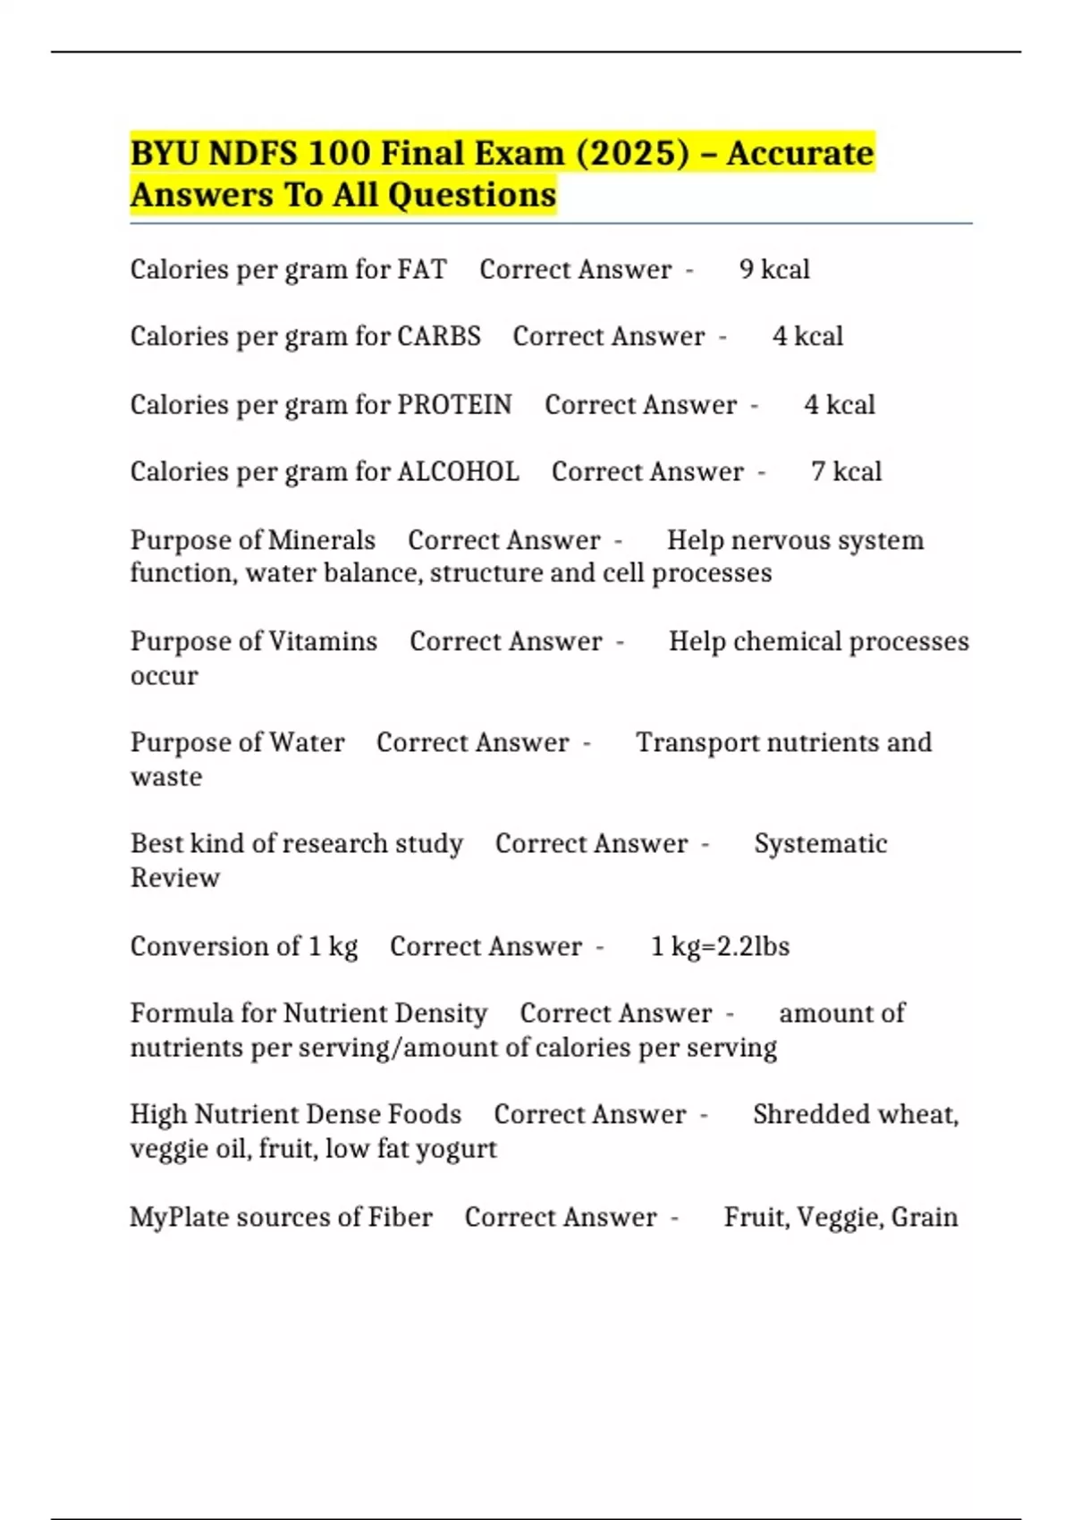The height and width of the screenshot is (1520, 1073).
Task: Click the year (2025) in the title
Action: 633,154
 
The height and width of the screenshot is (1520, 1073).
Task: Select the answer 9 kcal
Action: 774,269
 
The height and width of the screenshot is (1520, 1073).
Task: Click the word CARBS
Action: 439,336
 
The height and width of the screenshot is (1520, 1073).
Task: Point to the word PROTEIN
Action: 454,405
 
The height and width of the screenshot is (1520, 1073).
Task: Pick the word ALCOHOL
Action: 458,472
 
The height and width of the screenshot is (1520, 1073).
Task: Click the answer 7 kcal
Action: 846,472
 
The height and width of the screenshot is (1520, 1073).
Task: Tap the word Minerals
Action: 322,540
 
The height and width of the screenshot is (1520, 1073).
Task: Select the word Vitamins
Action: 323,642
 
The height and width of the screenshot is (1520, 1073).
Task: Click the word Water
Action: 307,743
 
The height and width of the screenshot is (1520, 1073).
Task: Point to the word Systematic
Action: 820,844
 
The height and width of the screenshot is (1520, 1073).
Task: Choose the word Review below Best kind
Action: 175,878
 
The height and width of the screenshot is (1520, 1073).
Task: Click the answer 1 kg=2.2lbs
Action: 720,946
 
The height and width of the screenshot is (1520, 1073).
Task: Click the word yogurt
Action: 458,1149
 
